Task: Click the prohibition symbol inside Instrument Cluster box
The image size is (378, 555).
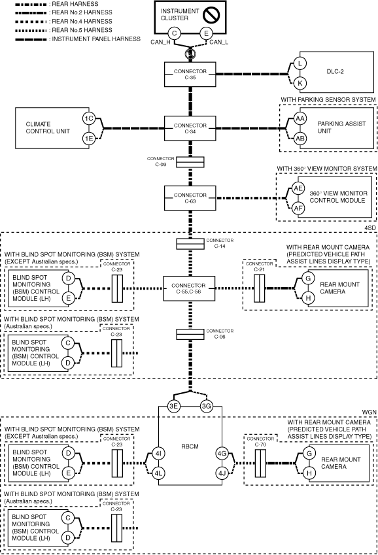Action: [x=212, y=14]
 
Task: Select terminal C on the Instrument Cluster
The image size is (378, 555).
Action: [x=175, y=33]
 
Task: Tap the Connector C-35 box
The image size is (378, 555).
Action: [x=190, y=75]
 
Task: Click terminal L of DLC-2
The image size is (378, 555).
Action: [x=300, y=63]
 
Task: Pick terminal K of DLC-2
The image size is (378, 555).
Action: [x=300, y=83]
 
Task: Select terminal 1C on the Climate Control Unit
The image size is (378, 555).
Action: [x=89, y=118]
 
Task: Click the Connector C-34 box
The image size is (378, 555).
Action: [x=190, y=129]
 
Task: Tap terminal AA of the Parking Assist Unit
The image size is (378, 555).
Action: [x=300, y=118]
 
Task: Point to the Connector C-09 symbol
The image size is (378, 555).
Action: [x=190, y=162]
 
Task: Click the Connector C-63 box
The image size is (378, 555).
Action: [x=190, y=198]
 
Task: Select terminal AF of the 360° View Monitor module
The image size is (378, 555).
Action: [x=298, y=208]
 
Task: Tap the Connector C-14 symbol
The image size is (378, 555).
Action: [x=190, y=244]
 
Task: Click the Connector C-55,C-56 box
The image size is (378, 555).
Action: [x=189, y=288]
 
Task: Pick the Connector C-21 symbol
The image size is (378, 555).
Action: [x=260, y=288]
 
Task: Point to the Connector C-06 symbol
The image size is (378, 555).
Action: [x=190, y=335]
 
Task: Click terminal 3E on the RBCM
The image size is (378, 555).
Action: [x=173, y=406]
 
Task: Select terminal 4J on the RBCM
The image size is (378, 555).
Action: [x=222, y=473]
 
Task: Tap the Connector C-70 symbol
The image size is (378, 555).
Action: [x=260, y=463]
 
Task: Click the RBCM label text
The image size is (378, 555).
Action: [x=190, y=446]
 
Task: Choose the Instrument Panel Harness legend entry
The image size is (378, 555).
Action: [x=78, y=39]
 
